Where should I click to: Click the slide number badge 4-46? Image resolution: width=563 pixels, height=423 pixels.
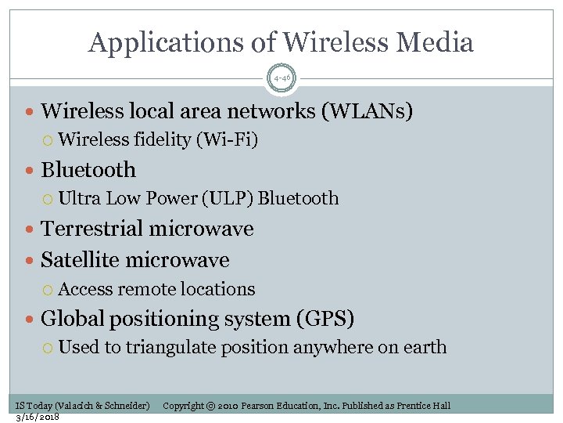281,77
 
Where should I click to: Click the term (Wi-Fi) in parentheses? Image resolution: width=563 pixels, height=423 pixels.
228,140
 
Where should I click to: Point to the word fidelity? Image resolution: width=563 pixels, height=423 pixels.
163,140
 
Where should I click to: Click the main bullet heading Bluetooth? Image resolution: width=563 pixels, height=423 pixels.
88,170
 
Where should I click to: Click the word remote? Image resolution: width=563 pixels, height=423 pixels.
147,289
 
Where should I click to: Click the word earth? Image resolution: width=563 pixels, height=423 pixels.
427,347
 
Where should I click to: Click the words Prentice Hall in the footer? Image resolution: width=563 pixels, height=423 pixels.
423,406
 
